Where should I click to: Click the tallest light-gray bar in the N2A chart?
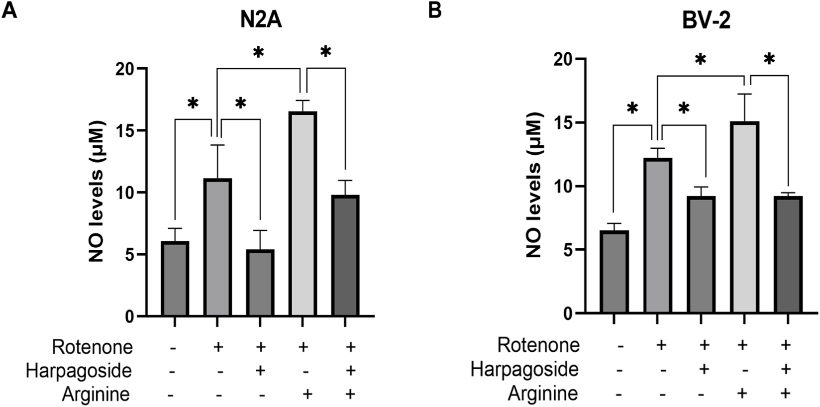(303, 214)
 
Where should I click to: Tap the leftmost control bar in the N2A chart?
(175, 279)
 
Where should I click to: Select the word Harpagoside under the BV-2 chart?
(524, 370)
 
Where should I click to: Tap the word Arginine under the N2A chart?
(96, 395)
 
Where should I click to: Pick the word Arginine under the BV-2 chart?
(543, 394)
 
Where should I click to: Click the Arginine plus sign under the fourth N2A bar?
(307, 395)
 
